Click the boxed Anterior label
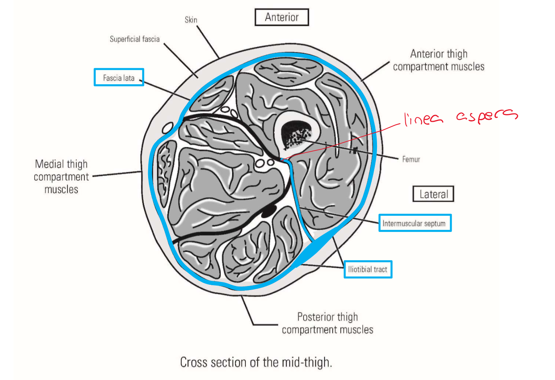pos(282,17)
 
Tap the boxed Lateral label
pos(433,194)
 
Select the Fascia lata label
pos(119,77)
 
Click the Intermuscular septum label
pos(414,223)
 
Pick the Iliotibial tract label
pos(367,269)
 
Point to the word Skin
pos(191,20)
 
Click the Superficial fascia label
pos(134,39)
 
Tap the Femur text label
pos(411,159)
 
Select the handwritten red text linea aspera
pos(460,117)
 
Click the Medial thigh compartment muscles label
pos(61,176)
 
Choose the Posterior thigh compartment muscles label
pos(327,323)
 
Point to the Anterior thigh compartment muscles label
pos(439,60)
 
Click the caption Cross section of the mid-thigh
pos(256,362)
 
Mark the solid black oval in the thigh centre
pos(268,211)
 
